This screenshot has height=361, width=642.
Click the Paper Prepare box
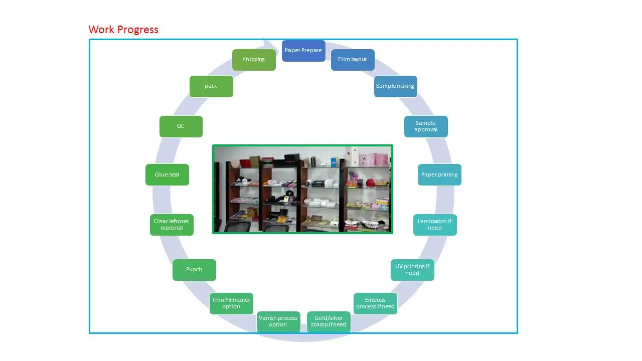pyautogui.click(x=303, y=51)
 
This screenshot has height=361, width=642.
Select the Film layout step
pyautogui.click(x=353, y=60)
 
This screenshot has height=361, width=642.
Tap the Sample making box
pyautogui.click(x=395, y=86)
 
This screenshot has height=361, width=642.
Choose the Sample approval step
pyautogui.click(x=426, y=126)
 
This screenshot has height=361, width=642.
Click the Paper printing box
pyautogui.click(x=439, y=175)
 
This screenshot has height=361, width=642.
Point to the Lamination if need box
pyautogui.click(x=435, y=225)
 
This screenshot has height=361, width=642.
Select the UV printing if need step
pyautogui.click(x=412, y=270)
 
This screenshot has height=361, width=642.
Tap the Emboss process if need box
pyautogui.click(x=375, y=303)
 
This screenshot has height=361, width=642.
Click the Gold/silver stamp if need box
pyautogui.click(x=329, y=321)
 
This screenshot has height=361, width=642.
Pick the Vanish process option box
pyautogui.click(x=278, y=321)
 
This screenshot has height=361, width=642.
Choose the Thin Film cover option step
pyautogui.click(x=231, y=303)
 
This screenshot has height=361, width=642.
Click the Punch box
pyautogui.click(x=194, y=270)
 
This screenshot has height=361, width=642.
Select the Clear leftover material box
pyautogui.click(x=172, y=225)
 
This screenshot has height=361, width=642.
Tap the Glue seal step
pyautogui.click(x=167, y=175)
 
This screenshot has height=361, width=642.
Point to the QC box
pyautogui.click(x=181, y=126)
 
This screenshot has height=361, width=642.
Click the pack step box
pyautogui.click(x=211, y=86)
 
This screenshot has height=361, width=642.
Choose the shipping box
pyautogui.click(x=254, y=60)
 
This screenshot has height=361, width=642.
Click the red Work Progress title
pyautogui.click(x=123, y=30)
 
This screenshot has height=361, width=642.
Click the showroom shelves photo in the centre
pyautogui.click(x=302, y=189)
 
